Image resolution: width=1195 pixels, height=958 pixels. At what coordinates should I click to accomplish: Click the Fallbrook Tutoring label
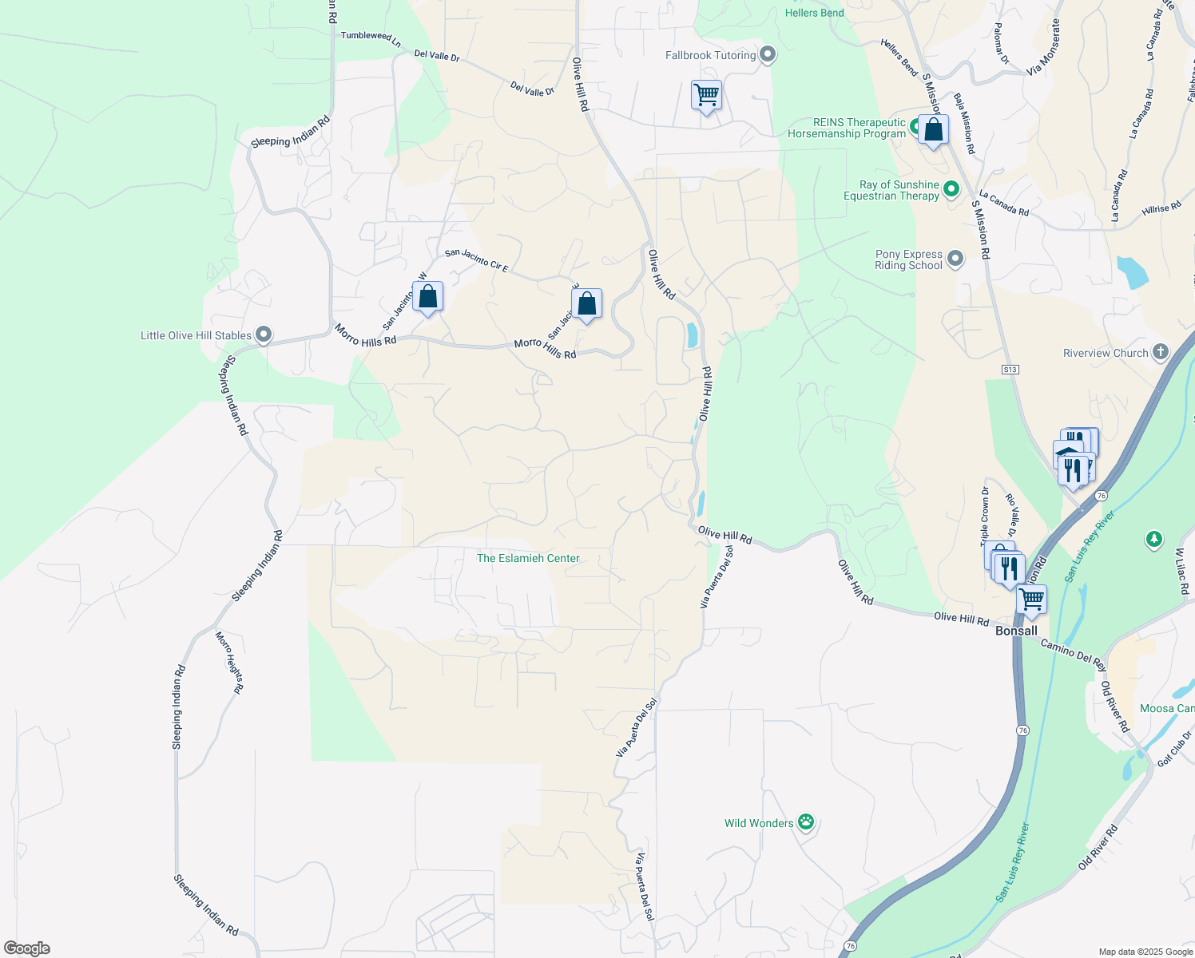tap(710, 55)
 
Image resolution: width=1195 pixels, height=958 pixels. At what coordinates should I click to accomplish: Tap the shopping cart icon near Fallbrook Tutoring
tap(706, 95)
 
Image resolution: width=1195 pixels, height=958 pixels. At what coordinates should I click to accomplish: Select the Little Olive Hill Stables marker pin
tap(264, 335)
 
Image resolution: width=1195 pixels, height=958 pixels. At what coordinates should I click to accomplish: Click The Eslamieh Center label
tap(528, 558)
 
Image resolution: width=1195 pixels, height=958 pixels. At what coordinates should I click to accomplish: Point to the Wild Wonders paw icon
tap(806, 821)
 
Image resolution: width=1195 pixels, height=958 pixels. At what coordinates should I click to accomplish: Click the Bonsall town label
tap(1016, 631)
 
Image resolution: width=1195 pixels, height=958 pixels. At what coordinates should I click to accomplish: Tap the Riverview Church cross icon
tap(1161, 352)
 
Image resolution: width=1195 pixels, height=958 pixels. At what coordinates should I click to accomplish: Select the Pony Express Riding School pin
tap(955, 258)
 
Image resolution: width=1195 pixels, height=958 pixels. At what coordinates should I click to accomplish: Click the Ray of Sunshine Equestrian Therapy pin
tap(951, 189)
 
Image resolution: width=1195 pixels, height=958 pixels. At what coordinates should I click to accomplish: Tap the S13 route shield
tap(1010, 370)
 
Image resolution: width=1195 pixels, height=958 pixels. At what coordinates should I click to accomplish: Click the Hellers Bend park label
tap(814, 13)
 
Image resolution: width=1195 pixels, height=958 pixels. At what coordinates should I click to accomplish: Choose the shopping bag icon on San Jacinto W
tap(428, 296)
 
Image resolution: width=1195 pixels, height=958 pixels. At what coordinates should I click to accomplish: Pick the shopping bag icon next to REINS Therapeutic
tap(933, 129)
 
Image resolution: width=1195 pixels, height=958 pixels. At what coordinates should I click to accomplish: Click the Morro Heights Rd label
tap(229, 662)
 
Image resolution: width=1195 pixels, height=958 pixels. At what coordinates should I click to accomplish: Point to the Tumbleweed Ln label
tap(371, 37)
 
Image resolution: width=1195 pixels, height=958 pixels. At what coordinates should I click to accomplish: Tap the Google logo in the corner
tap(26, 948)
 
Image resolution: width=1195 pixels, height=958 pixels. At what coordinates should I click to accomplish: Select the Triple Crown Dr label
tap(985, 517)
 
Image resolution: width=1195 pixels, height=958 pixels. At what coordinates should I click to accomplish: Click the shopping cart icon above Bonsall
tap(1032, 598)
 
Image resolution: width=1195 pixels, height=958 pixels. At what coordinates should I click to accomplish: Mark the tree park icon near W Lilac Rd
tap(1153, 540)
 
